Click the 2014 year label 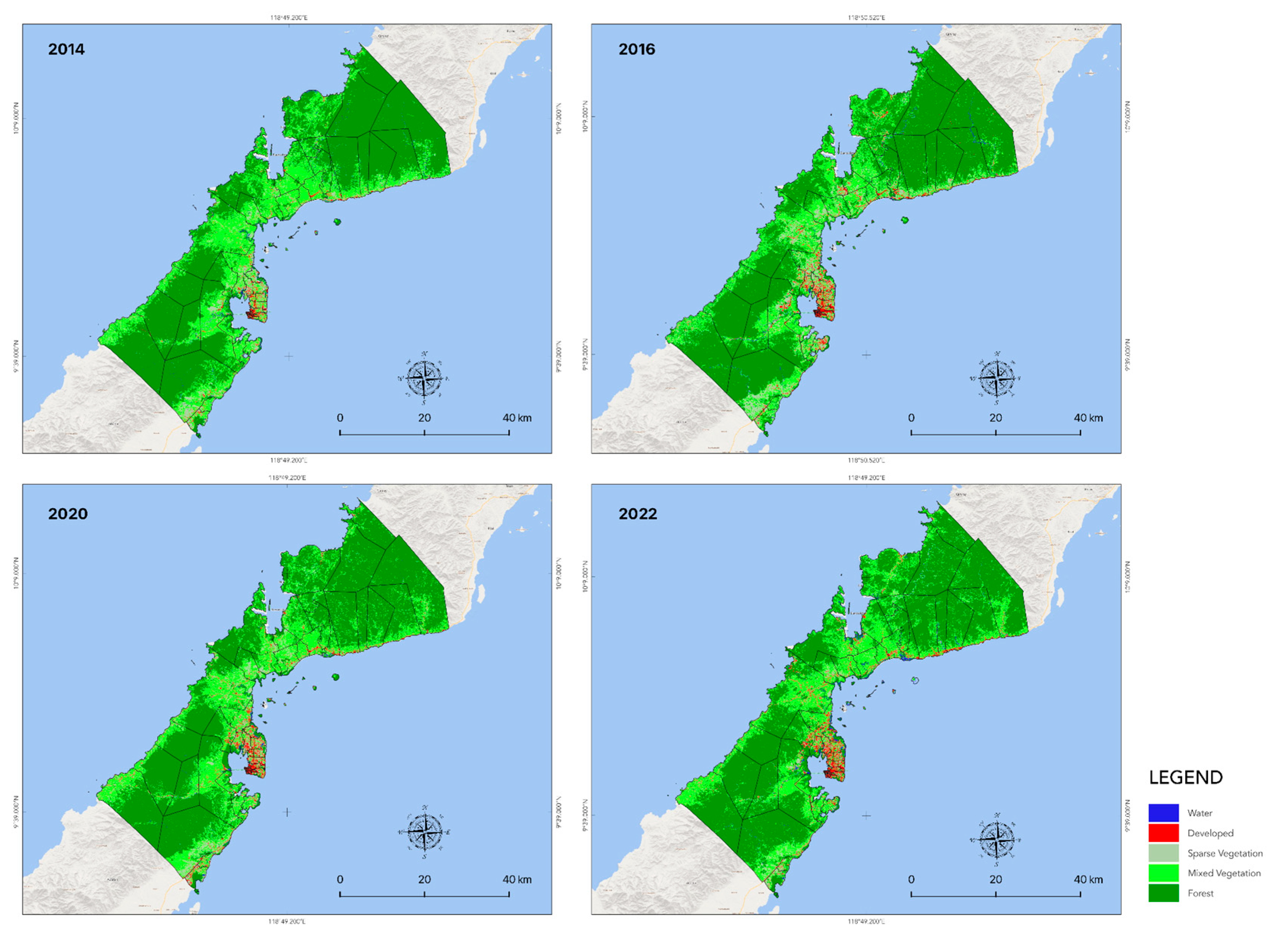point(66,50)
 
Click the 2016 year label point(637,50)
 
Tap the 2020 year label point(67,514)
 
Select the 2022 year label point(638,514)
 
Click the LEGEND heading point(1185,778)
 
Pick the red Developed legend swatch point(1163,833)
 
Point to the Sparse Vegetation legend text point(1224,853)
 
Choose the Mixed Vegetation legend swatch point(1163,873)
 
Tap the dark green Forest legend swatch point(1163,893)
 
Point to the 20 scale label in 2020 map point(424,880)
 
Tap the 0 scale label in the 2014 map point(340,418)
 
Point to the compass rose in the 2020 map point(424,832)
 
